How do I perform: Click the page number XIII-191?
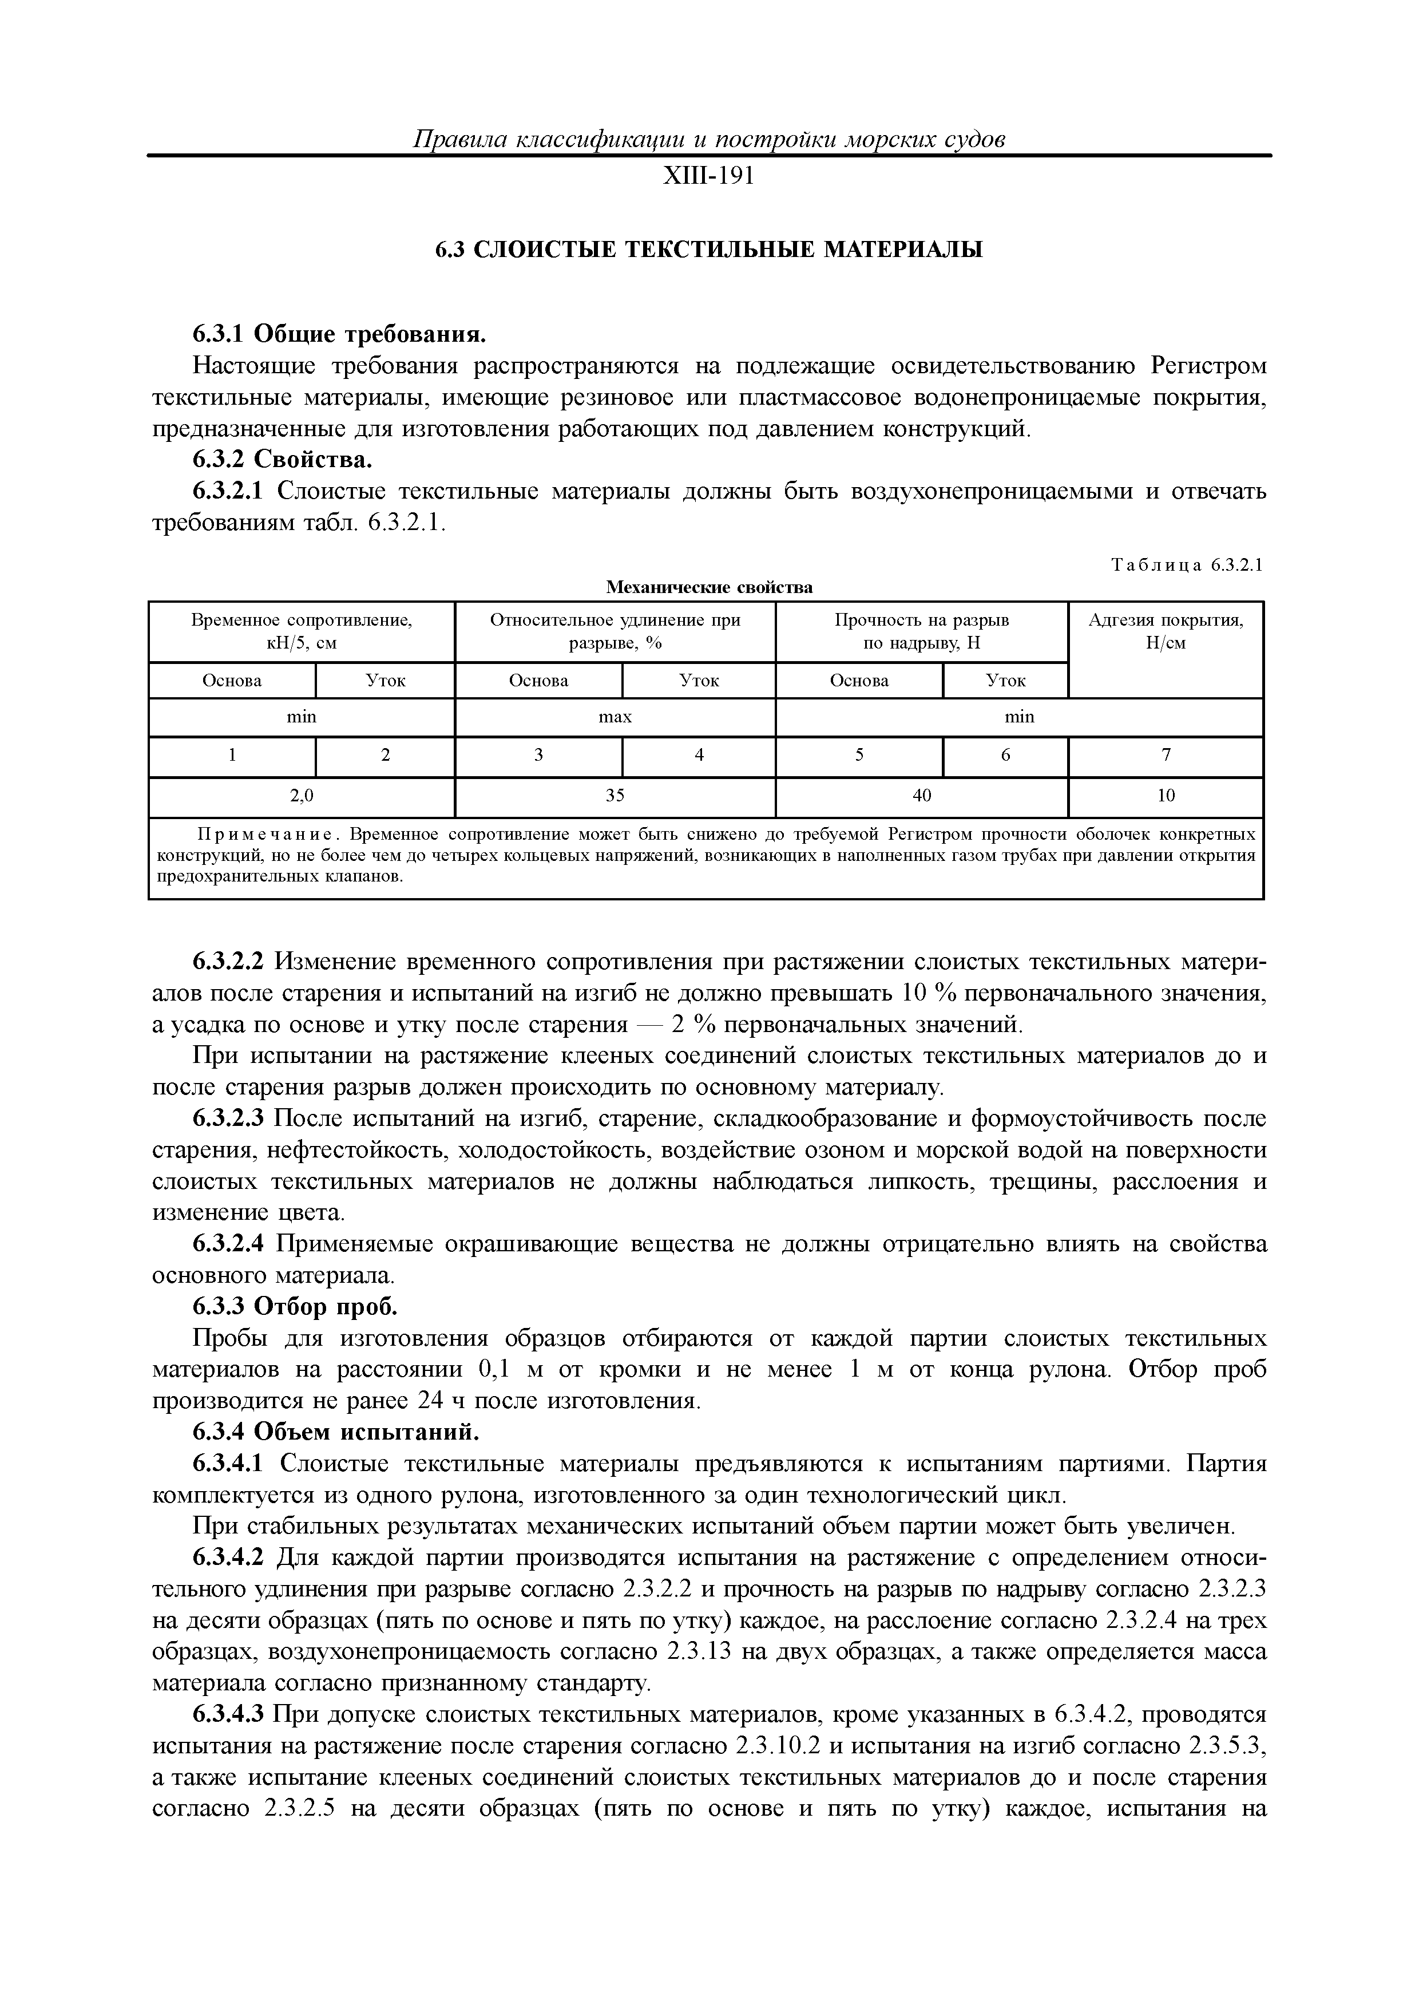(708, 177)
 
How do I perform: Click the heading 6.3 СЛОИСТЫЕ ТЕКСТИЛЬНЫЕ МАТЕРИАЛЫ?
(708, 250)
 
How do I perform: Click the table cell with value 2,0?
(301, 796)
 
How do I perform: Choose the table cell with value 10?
(1166, 796)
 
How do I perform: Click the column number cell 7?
(1166, 756)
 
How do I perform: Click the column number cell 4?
(699, 756)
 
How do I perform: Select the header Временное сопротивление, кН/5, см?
(301, 631)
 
